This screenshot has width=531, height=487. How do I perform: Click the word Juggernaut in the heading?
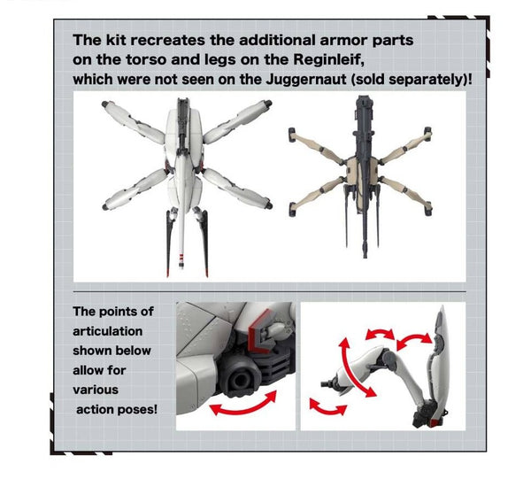click(306, 80)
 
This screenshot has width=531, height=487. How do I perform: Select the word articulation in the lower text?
click(107, 331)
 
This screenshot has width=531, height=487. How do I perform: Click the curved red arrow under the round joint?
click(243, 405)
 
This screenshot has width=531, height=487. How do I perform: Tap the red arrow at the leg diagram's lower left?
click(327, 407)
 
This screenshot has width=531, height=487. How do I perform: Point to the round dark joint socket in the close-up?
click(240, 379)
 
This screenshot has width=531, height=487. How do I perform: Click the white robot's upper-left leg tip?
click(104, 104)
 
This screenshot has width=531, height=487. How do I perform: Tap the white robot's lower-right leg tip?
click(269, 205)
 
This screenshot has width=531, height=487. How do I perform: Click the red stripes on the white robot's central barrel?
click(181, 258)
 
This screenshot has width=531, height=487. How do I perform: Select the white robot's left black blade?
click(168, 243)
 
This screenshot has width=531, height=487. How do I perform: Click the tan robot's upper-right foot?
click(428, 132)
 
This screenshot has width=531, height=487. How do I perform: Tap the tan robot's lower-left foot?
click(292, 209)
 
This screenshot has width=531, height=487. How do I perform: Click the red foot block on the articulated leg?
click(433, 423)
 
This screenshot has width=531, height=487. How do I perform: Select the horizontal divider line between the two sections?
click(270, 292)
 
